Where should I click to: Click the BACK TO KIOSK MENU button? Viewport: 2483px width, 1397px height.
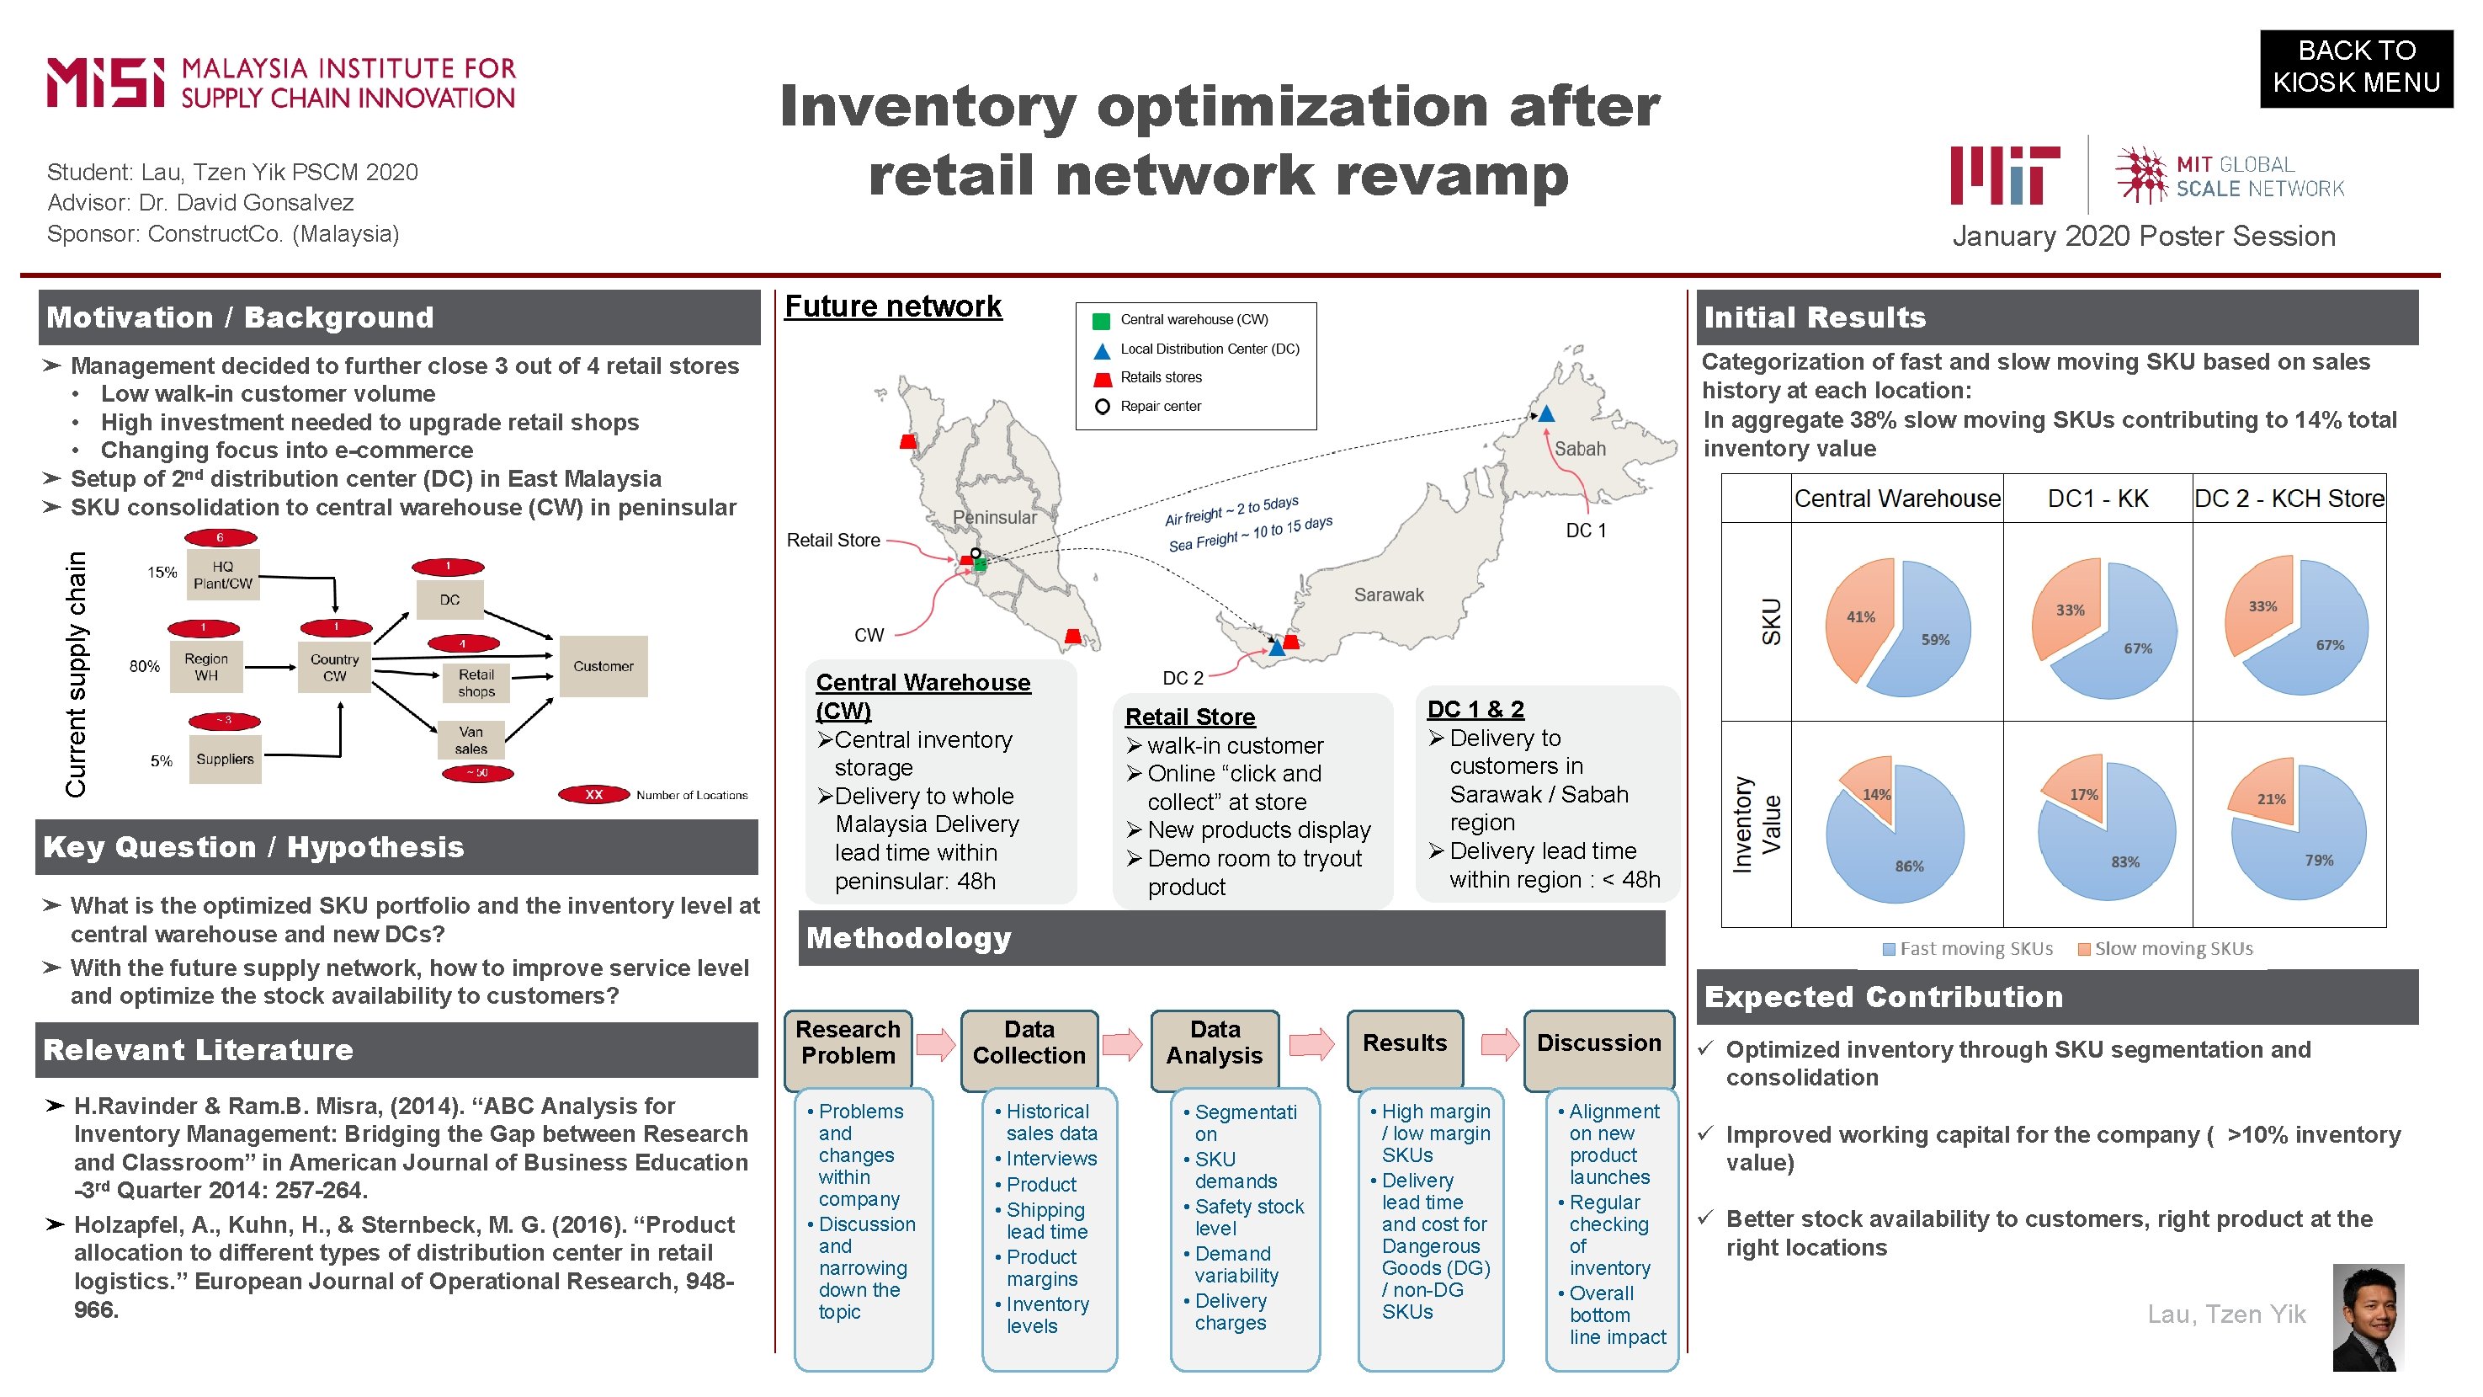tap(2355, 67)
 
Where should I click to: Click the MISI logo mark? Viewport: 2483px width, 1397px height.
tap(106, 83)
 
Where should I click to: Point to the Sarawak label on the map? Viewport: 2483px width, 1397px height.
tap(1388, 595)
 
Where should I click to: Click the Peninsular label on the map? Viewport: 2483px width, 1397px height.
tap(994, 517)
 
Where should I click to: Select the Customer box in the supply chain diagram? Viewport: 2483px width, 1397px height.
tap(603, 666)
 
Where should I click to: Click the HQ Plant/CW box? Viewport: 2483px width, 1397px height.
tap(223, 574)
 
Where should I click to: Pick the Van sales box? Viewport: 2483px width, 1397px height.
tap(471, 740)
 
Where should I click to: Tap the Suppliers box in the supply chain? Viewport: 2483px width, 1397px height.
tap(225, 760)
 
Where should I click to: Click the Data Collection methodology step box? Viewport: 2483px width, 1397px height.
tap(1029, 1043)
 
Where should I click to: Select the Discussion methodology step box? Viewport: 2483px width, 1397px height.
tap(1598, 1043)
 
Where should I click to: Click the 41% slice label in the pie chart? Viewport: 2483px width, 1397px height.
tap(1859, 617)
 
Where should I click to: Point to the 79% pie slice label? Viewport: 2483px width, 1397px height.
tap(2318, 860)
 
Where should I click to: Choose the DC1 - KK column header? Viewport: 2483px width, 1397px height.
tap(2098, 499)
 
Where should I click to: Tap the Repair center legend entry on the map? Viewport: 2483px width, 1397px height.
tap(1160, 406)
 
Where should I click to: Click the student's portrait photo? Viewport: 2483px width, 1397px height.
tap(2368, 1318)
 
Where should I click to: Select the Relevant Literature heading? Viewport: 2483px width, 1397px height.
tap(199, 1050)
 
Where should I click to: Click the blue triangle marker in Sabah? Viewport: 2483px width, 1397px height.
tap(1546, 414)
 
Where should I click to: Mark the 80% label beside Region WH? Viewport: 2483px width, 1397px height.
tap(145, 666)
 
